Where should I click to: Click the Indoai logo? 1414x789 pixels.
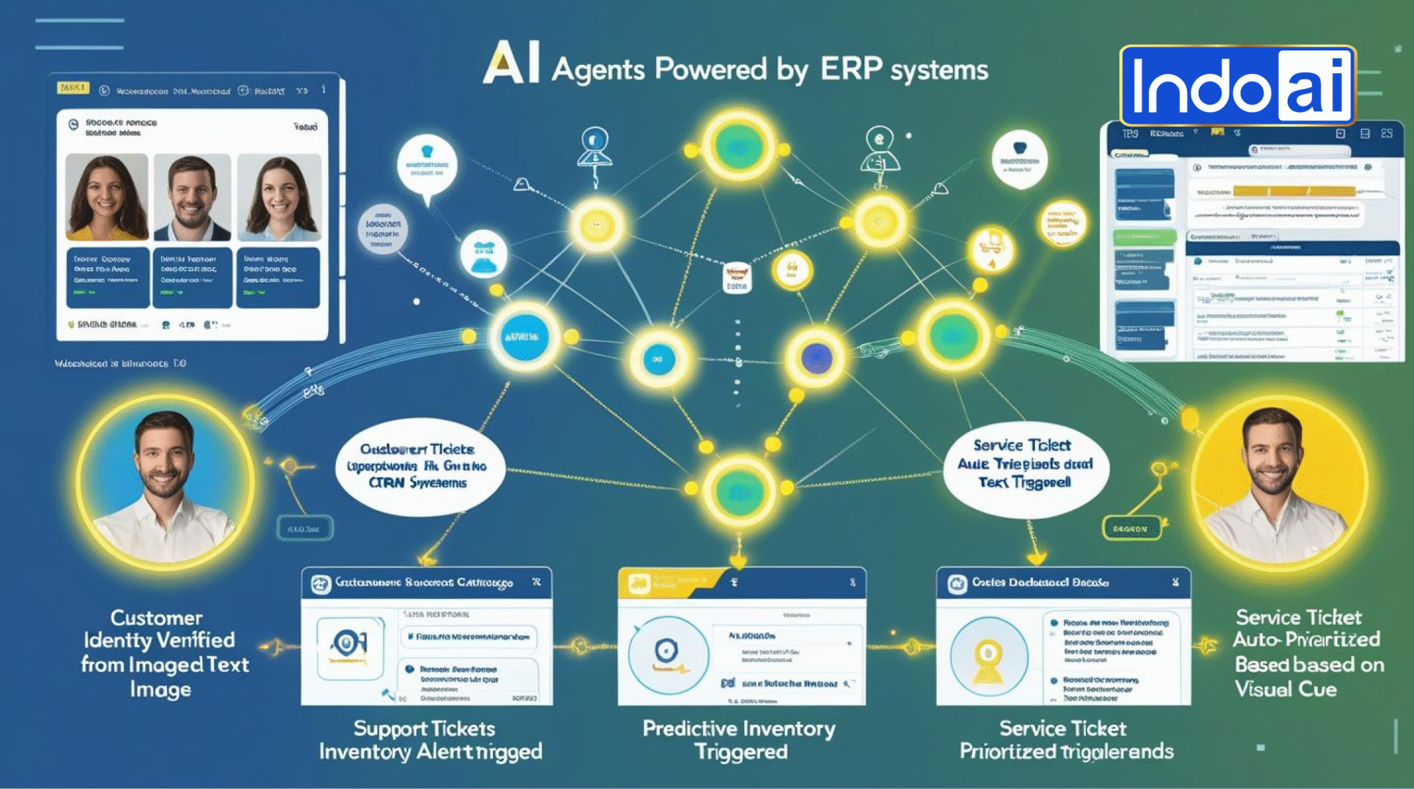tap(1238, 86)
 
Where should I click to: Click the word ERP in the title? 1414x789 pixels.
tap(851, 69)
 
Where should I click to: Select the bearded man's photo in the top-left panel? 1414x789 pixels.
tap(192, 197)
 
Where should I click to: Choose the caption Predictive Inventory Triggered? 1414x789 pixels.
tap(739, 739)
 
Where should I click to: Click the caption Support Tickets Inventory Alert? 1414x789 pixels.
tap(430, 739)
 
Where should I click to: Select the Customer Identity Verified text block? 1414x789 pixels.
tap(163, 653)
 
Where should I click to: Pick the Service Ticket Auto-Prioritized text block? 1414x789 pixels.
tap(1306, 653)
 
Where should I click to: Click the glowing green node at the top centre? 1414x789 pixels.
tap(738, 146)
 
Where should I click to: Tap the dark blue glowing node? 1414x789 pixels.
tap(816, 358)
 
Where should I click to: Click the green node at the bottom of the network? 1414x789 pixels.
tap(739, 491)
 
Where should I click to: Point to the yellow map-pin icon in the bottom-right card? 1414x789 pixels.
tap(988, 656)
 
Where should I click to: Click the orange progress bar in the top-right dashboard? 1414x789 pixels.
tap(1294, 191)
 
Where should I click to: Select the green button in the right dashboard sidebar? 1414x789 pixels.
tap(1144, 238)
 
